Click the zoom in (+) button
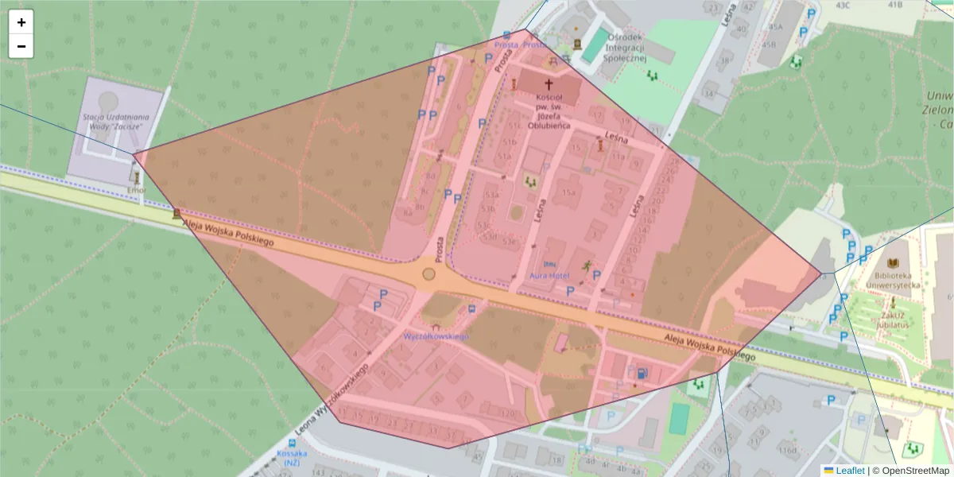21,22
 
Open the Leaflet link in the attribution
849,470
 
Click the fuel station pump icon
642,372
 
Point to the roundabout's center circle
429,274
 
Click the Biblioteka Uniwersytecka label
893,279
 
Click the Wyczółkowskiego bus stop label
436,336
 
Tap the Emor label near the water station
137,191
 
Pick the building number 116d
787,450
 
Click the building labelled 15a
568,192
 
